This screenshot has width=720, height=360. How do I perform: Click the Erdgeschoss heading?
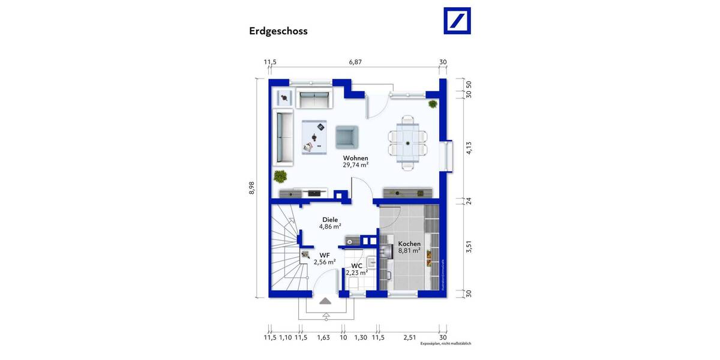tap(278, 31)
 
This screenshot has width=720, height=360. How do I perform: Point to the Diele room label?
tap(329, 220)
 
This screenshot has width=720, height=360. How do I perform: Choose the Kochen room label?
tap(409, 244)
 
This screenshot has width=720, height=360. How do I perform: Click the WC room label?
tap(356, 265)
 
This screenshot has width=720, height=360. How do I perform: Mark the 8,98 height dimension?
tap(253, 188)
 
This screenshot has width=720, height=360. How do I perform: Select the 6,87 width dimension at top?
tap(356, 62)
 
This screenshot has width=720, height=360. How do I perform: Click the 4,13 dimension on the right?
tap(469, 148)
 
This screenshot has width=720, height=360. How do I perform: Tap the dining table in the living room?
tap(407, 143)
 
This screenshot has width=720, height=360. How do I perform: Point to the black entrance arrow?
tap(325, 301)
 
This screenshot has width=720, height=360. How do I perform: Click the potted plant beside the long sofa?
tap(280, 176)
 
